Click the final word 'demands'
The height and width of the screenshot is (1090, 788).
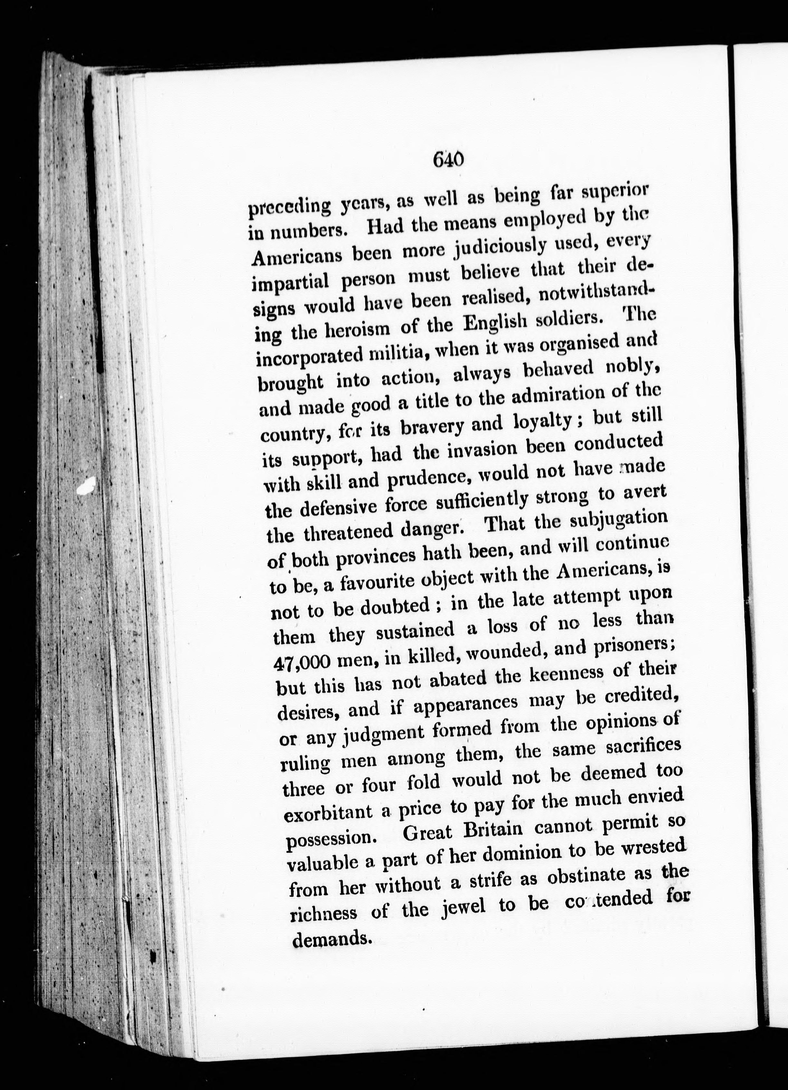coord(331,937)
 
